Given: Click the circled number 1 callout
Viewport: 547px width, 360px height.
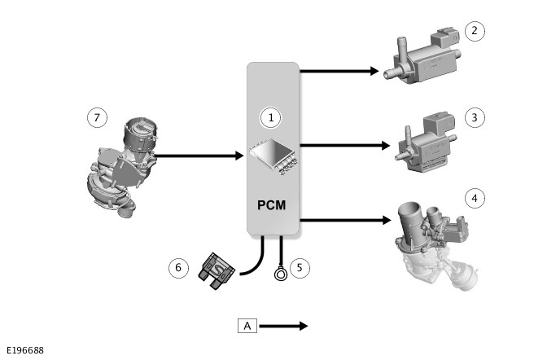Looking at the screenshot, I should coord(272,117).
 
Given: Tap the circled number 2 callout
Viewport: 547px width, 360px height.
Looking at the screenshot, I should coord(475,32).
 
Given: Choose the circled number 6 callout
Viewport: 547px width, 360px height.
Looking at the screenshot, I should coord(177,266).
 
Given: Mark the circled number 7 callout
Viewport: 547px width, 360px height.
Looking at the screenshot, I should coord(97,117).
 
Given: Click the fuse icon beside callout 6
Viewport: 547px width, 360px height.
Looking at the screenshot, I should coord(217,270).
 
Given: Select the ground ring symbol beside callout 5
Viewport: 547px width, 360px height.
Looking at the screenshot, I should coord(282,273).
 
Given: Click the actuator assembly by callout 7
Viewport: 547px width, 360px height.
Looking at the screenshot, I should coord(121,167).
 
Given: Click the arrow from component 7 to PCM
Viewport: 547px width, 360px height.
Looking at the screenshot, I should coord(199,155).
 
